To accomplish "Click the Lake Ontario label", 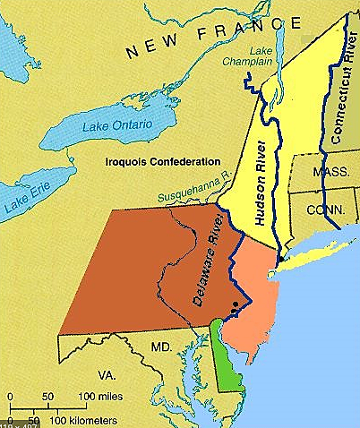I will point(116,124).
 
